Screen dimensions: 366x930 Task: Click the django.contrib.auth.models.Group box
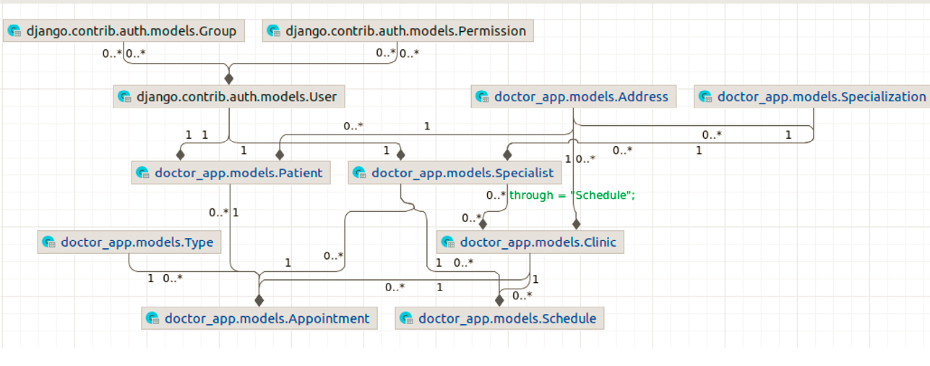tap(124, 31)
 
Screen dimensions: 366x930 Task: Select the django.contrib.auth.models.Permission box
tap(397, 31)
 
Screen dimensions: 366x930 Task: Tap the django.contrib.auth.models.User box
tap(228, 96)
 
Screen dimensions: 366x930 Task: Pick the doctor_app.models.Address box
tap(573, 96)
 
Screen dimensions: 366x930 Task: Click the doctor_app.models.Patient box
tap(230, 173)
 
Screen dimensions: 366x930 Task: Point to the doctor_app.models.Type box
tap(129, 242)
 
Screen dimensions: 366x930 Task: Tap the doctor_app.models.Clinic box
tap(530, 242)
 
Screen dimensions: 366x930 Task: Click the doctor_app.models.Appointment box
tap(259, 318)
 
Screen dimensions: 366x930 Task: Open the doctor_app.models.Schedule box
tap(499, 318)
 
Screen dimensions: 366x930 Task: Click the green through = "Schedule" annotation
tap(572, 195)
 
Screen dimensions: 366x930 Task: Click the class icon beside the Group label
tap(14, 31)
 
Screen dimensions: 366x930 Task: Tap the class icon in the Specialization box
tap(705, 97)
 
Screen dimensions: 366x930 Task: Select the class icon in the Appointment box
tap(152, 319)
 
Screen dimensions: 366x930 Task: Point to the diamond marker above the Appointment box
tap(259, 299)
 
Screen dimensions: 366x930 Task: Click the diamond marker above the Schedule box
tap(499, 299)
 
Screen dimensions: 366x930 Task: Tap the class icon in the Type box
tap(48, 242)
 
